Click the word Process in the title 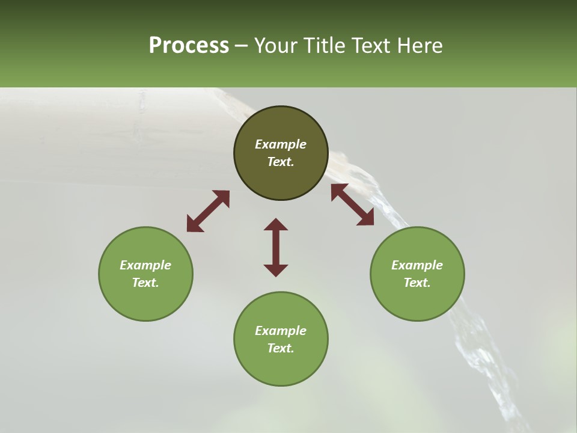coord(189,46)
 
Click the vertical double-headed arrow coord(276,247)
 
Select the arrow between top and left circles coord(208,211)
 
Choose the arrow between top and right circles coord(352,204)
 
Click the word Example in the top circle coord(281,144)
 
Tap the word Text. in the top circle coord(281,162)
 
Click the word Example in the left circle coord(145,265)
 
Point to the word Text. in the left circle coord(145,283)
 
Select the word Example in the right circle coord(417,265)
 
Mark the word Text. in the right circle coord(417,283)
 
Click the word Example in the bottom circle coord(281,331)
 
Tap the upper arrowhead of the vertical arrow coord(276,225)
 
